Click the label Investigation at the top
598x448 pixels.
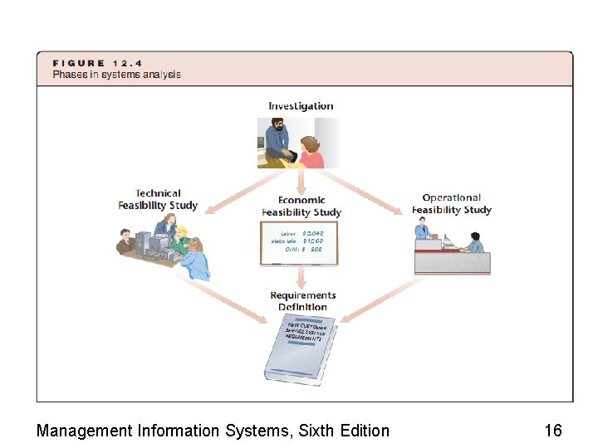pyautogui.click(x=301, y=106)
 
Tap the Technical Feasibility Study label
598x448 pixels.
pyautogui.click(x=158, y=199)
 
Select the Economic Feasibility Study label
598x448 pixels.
pyautogui.click(x=301, y=206)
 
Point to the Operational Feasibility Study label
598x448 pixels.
pyautogui.click(x=452, y=203)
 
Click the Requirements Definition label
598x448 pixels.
pyautogui.click(x=303, y=300)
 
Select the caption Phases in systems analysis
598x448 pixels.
pyautogui.click(x=116, y=75)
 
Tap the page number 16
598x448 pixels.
pyautogui.click(x=552, y=430)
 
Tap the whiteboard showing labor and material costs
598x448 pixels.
pyautogui.click(x=299, y=242)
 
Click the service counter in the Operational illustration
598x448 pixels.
pyautogui.click(x=453, y=262)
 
